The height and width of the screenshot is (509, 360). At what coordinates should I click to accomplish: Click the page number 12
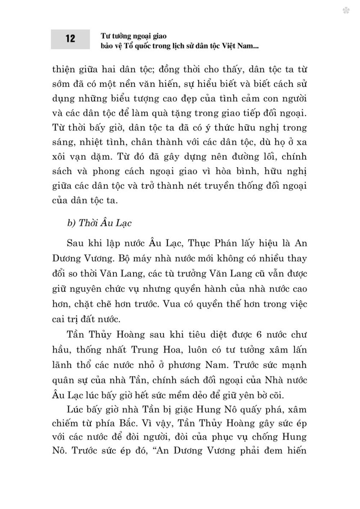point(70,39)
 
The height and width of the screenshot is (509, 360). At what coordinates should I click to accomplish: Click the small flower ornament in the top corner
point(346,11)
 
